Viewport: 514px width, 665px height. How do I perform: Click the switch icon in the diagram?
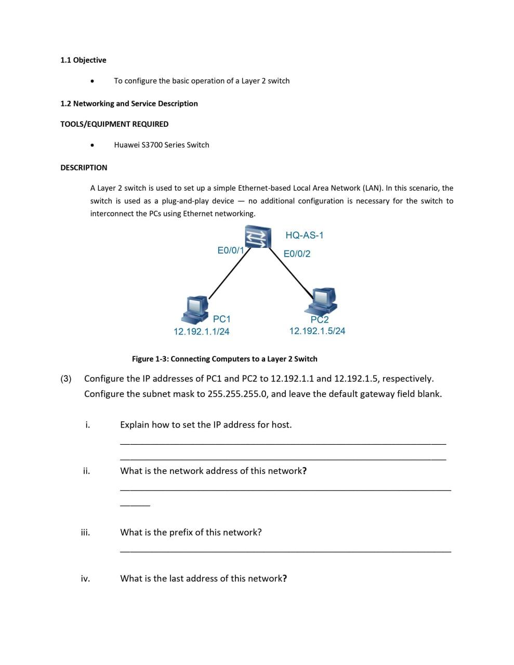click(258, 237)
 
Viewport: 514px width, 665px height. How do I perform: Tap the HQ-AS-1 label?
click(305, 235)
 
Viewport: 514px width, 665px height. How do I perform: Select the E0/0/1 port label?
click(230, 250)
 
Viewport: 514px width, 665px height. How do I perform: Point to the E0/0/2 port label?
click(297, 254)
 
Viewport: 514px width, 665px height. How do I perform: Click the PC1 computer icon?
click(195, 309)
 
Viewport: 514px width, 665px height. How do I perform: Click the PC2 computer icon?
click(322, 300)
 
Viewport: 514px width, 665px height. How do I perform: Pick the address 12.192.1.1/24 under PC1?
click(201, 331)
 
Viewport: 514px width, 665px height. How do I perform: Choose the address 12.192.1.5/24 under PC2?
click(317, 331)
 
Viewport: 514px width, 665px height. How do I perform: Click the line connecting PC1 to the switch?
click(226, 273)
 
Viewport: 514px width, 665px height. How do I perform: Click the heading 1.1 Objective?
click(83, 60)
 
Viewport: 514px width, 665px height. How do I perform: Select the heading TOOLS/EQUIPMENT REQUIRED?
click(114, 124)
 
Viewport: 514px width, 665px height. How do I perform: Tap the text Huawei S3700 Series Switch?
click(162, 145)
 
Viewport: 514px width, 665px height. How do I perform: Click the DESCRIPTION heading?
click(84, 167)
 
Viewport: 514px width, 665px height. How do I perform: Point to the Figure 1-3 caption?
click(225, 359)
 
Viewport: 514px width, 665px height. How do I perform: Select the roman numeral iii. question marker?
click(85, 532)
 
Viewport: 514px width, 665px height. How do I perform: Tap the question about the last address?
click(204, 578)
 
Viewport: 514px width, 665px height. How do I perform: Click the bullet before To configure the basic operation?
click(92, 81)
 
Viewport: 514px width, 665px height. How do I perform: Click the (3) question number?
click(66, 379)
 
